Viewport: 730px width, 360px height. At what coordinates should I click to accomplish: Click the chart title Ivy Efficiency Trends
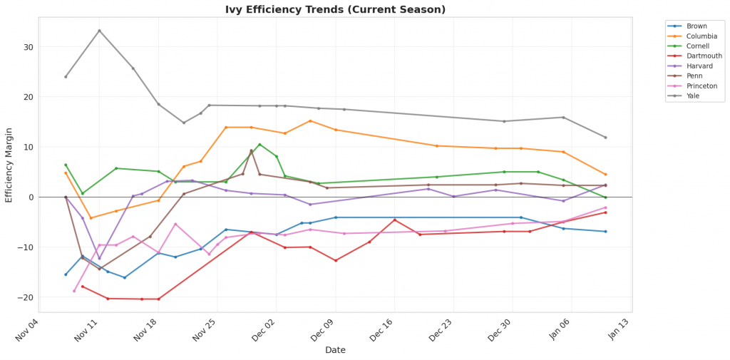335,9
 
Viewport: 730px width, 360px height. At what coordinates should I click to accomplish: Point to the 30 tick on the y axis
29,47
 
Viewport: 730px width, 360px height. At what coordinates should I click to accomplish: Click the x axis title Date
335,350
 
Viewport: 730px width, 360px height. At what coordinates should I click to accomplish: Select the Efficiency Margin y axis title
9,164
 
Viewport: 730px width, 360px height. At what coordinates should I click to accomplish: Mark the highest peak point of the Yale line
99,31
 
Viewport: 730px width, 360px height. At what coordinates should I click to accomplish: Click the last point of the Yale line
605,138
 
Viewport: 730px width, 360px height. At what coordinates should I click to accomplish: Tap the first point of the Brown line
66,274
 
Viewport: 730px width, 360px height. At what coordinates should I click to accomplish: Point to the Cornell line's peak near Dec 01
259,145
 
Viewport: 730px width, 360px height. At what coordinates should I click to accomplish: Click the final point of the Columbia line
605,175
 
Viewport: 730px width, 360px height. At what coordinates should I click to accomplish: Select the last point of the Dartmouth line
605,212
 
